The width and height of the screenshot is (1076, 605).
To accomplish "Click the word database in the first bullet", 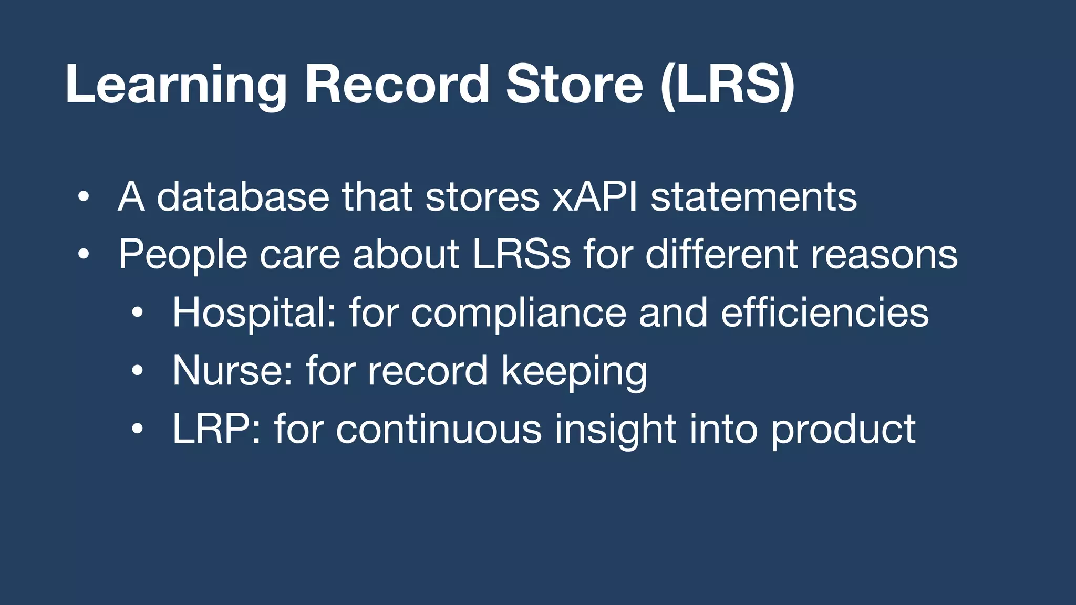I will point(243,197).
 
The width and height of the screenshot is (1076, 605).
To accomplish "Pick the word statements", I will point(753,197).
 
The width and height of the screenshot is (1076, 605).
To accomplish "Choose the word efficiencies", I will point(824,313).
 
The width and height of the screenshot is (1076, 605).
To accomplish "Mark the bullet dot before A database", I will point(83,198).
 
